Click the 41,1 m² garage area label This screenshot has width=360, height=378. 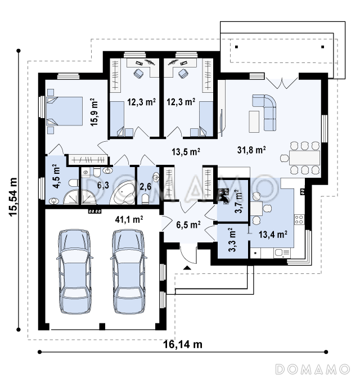129,219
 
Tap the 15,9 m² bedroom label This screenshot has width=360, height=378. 94,112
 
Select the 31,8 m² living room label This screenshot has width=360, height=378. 251,150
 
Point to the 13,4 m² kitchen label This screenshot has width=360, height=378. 273,234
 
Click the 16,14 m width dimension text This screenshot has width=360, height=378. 183,344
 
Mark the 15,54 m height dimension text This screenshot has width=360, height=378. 13,197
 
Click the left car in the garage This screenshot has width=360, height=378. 75,272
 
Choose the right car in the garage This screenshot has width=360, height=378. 129,272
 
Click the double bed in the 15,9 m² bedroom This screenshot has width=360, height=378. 64,111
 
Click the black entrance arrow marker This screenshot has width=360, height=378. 187,267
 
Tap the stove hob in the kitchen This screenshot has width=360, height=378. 299,219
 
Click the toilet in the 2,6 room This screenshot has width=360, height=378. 145,199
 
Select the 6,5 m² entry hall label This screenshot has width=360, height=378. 188,224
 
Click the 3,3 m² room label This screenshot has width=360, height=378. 232,240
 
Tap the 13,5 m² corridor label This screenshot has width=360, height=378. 186,152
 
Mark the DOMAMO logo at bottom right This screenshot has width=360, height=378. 313,369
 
